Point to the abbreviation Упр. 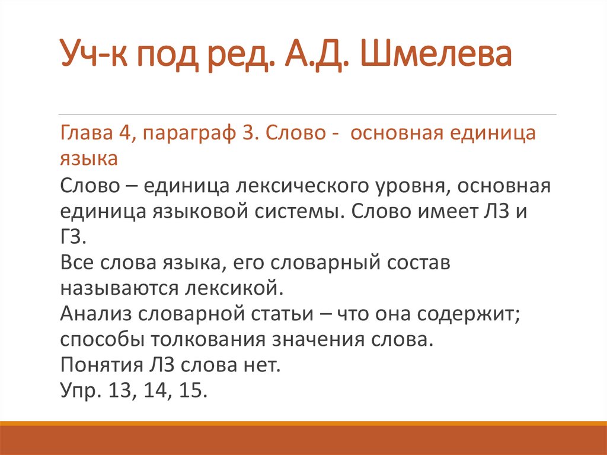(x=79, y=391)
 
